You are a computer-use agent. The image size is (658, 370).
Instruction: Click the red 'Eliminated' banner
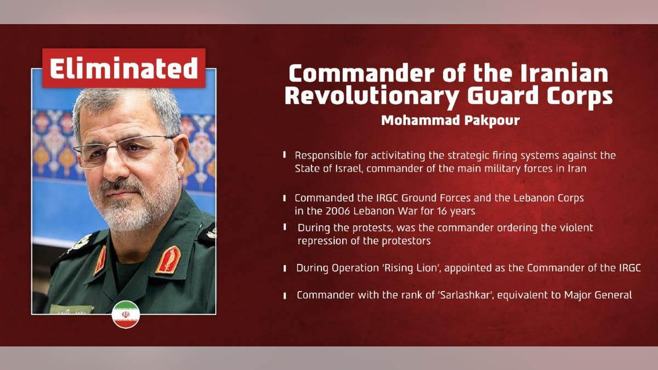(x=124, y=69)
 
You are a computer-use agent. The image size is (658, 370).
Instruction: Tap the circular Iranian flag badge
(x=126, y=315)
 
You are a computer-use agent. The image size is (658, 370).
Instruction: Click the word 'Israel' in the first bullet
(x=348, y=168)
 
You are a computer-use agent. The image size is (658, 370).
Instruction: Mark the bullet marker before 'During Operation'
(x=285, y=269)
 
